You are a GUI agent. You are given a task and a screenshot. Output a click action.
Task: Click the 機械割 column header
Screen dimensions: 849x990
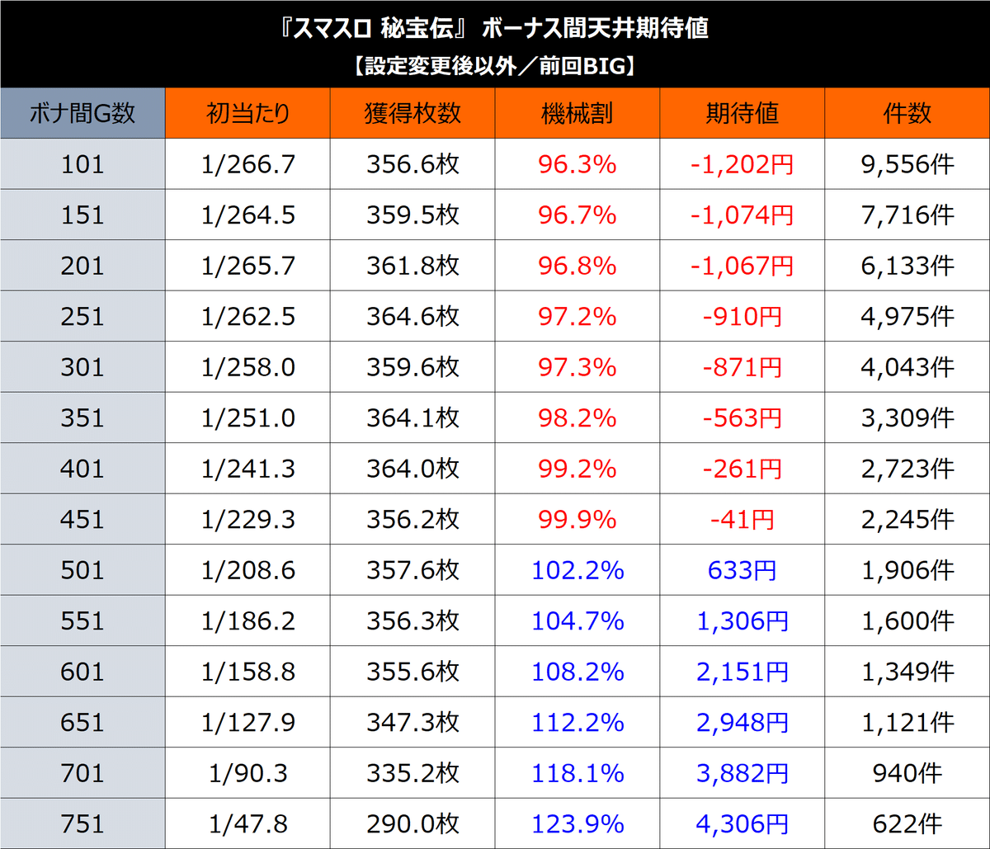[577, 113]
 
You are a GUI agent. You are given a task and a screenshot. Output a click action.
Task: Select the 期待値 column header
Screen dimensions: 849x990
[742, 113]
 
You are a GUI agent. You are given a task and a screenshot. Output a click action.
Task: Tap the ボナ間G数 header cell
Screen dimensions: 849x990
[82, 113]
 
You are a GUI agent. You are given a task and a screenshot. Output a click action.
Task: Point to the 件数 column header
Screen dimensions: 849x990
[907, 113]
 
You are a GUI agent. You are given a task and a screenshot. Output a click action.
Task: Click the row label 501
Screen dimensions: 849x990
[82, 570]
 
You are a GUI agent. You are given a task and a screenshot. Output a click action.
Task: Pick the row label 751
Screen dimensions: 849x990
[82, 823]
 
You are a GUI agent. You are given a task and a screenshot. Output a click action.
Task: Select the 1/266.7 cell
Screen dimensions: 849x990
[247, 164]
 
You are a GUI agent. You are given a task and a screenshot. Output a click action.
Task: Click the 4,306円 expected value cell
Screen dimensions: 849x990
[742, 823]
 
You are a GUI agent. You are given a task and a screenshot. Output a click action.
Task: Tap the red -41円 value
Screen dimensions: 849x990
[742, 520]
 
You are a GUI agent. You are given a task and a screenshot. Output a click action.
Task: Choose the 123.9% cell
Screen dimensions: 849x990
[577, 823]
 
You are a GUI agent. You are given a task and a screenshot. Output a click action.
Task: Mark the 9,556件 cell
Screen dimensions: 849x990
[907, 164]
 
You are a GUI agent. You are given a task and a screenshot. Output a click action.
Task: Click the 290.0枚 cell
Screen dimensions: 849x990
[412, 823]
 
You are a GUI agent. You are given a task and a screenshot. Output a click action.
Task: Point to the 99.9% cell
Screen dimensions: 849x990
[577, 520]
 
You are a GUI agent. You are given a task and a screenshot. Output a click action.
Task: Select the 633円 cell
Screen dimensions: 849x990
[742, 570]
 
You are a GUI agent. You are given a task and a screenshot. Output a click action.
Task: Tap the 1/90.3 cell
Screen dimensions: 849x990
[247, 773]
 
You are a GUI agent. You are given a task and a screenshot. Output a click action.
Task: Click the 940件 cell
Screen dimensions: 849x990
[907, 773]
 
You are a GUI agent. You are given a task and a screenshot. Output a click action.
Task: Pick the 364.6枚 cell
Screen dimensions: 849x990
[412, 317]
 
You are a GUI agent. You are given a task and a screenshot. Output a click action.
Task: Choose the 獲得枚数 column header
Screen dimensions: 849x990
[412, 113]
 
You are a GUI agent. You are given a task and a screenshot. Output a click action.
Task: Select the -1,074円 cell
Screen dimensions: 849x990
[742, 215]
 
